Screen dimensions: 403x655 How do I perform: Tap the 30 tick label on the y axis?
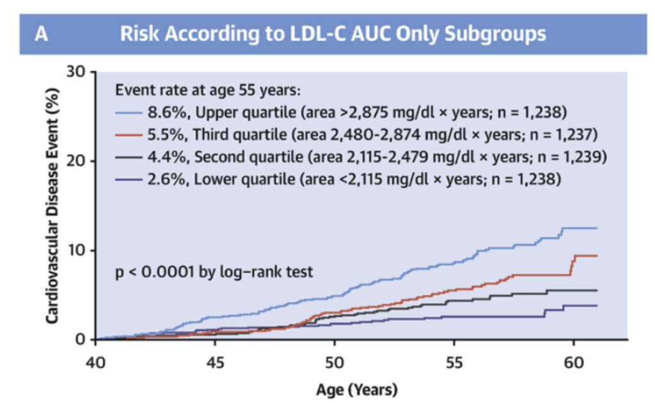pos(76,71)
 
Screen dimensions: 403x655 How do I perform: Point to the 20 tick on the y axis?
pos(76,161)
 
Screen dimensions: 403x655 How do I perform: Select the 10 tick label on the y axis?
pos(76,249)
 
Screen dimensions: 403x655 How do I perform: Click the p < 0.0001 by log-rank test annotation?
pos(214,272)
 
